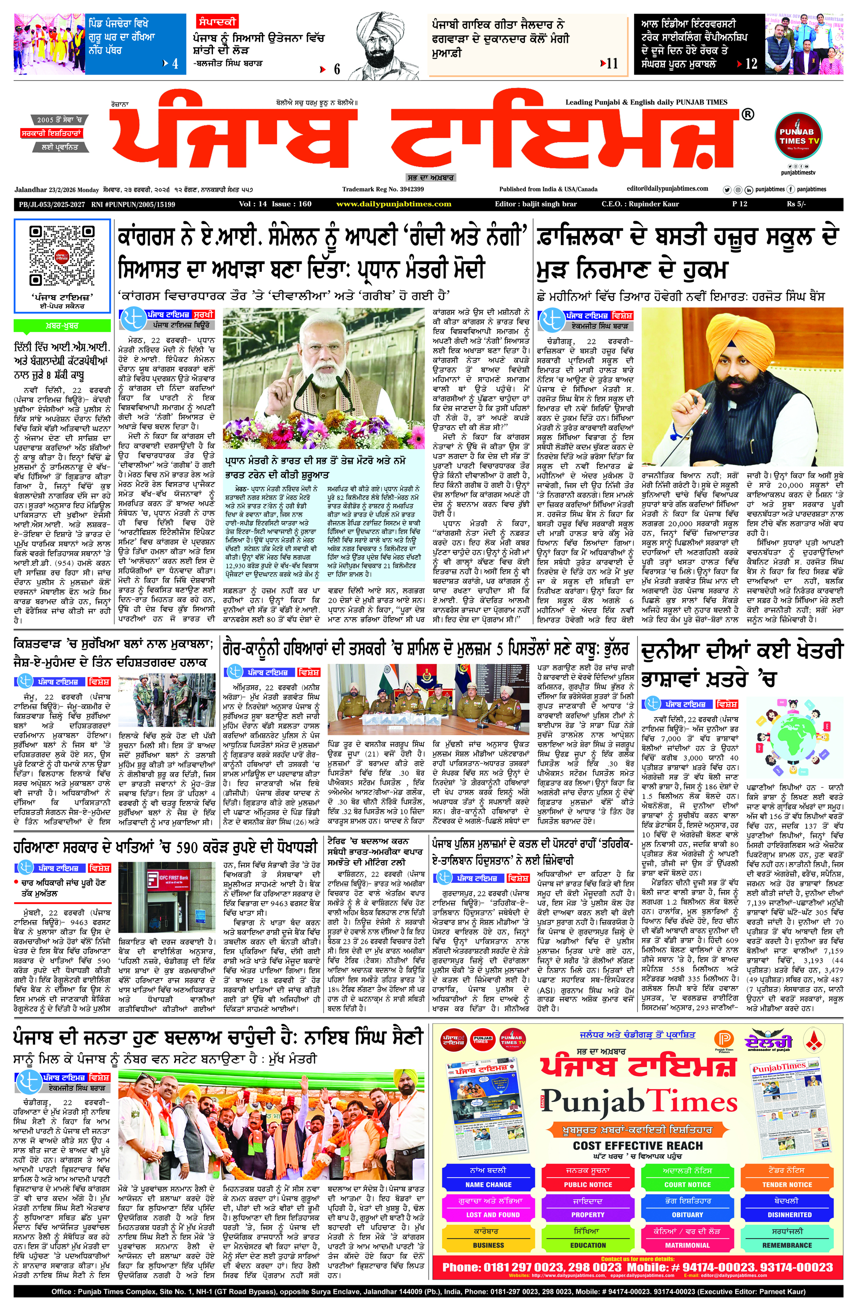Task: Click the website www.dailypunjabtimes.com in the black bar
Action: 393,204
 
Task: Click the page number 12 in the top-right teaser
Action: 751,64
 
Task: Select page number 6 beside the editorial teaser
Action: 336,69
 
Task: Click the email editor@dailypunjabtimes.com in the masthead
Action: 667,189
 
